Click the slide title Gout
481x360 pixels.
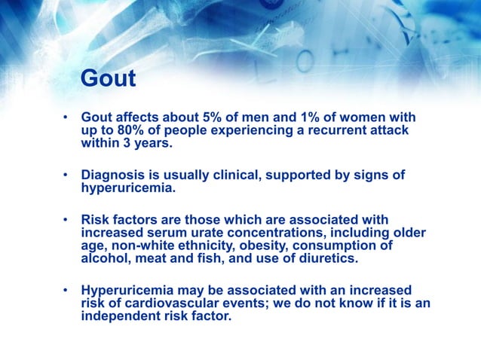click(108, 79)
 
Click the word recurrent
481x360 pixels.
click(328, 131)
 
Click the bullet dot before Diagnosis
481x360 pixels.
click(66, 176)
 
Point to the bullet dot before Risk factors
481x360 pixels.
click(66, 220)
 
